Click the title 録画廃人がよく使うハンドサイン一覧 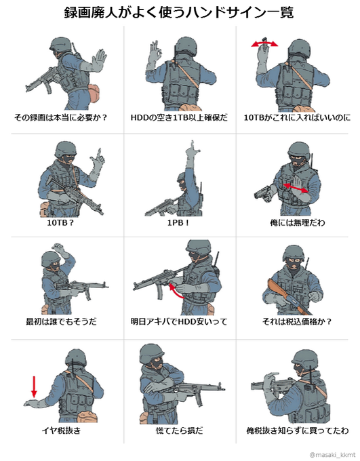(179, 13)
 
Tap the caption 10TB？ (60, 223)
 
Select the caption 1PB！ (178, 223)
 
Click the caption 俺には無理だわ (298, 223)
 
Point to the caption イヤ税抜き (61, 431)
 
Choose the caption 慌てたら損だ (180, 431)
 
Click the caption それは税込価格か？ (297, 321)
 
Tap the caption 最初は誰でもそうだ (61, 321)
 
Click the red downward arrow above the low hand (34, 386)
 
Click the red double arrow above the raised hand (264, 44)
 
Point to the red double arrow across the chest (296, 188)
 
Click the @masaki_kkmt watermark (332, 456)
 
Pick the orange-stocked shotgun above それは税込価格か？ (289, 298)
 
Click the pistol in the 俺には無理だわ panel (263, 193)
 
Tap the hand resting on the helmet (60, 249)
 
